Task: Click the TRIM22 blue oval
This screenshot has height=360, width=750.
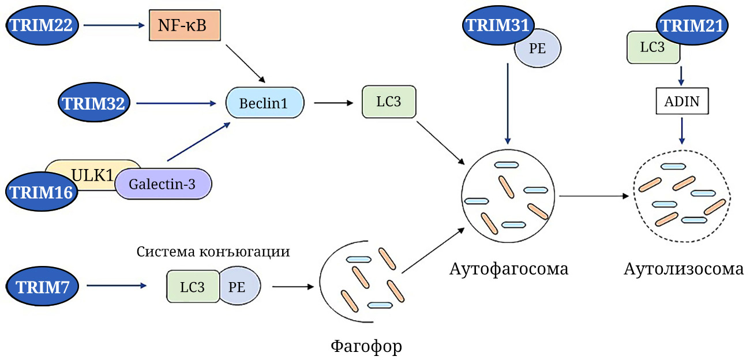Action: click(41, 25)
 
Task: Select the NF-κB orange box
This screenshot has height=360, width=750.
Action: click(185, 25)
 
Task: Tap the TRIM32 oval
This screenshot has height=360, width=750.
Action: click(96, 103)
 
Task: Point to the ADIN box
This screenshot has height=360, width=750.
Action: click(682, 103)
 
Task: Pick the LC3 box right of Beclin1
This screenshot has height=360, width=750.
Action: click(388, 102)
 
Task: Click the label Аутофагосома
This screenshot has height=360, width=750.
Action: click(509, 269)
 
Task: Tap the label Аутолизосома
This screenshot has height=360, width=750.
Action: click(683, 269)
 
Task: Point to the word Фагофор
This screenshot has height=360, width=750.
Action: click(366, 346)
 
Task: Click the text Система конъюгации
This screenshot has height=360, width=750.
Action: click(213, 252)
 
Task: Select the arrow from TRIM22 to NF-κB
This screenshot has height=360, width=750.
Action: click(113, 25)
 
